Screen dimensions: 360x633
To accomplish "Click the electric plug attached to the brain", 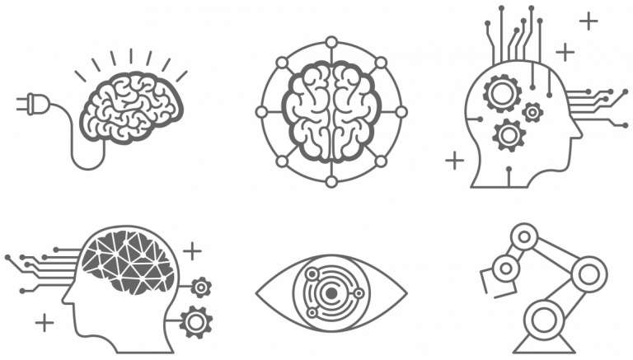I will pos(28,105).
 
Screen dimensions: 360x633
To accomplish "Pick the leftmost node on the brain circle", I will pos(261,111).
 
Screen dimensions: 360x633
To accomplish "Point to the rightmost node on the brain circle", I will pos(401,111).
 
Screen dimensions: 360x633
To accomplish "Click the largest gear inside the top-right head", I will pos(501,92).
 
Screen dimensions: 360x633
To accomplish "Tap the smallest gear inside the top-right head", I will pos(532,110).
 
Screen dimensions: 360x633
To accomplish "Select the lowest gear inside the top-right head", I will pos(509,133).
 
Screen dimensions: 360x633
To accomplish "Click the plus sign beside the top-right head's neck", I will pos(454,159).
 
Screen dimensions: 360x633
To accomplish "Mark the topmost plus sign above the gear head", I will pos(588,21).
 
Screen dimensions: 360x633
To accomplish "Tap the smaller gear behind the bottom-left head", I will pos(200,287).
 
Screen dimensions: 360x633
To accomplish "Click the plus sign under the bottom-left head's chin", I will pos(45,320).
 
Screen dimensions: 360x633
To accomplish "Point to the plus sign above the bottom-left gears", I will pos(192,249).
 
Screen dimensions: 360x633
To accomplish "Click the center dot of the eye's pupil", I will pos(331,292).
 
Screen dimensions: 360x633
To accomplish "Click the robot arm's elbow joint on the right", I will pos(588,271).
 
